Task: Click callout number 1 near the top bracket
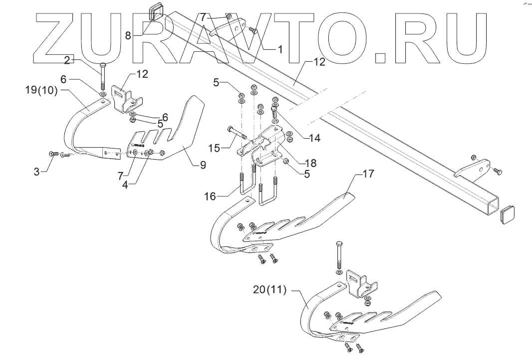tap(279, 49)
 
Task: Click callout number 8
tap(128, 35)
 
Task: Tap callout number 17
tap(368, 175)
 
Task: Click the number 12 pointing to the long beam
tap(319, 62)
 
